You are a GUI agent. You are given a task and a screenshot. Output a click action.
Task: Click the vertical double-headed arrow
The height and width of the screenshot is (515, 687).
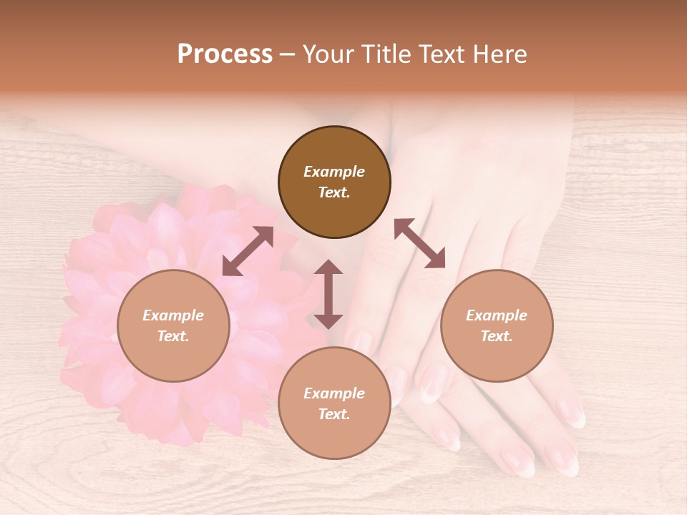pos(328,294)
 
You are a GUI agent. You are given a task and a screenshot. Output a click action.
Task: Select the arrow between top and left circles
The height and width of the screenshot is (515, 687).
pos(248,251)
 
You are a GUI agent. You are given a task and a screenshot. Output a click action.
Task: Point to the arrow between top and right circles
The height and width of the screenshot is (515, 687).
pos(419,243)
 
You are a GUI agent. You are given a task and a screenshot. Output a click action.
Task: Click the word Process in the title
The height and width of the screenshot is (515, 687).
pos(225,54)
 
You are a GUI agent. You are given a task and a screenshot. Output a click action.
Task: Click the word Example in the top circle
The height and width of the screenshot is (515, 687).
pos(334,172)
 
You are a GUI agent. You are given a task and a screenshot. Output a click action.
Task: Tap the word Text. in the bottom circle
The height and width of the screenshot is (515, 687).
pos(334,414)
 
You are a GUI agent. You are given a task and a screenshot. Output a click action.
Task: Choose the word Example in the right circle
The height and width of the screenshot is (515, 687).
pos(497,315)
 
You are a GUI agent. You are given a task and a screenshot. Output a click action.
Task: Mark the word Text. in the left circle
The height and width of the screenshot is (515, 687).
pos(173,336)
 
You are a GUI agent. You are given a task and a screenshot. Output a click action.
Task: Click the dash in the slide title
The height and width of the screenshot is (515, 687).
pos(287,55)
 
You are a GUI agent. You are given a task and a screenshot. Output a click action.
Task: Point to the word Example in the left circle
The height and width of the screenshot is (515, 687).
pos(173,315)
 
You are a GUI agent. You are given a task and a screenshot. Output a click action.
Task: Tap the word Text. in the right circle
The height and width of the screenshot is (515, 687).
pos(497,336)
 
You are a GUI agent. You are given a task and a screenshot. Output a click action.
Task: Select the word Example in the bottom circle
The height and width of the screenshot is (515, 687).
pos(334,393)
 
